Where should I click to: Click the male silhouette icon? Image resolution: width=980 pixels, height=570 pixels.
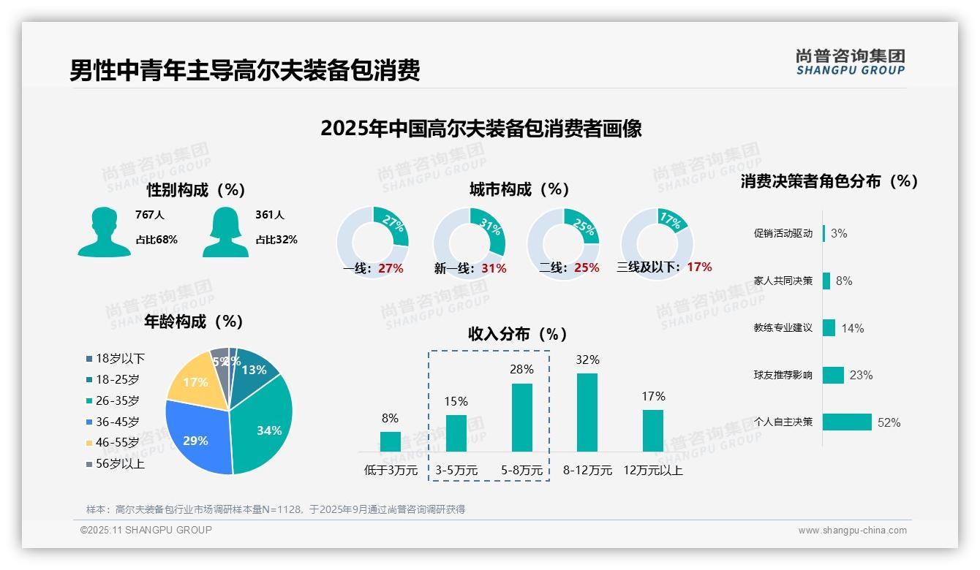(104, 232)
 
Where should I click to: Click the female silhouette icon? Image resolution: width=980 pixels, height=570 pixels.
(225, 232)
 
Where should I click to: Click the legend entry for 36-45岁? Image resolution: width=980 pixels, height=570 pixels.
(117, 422)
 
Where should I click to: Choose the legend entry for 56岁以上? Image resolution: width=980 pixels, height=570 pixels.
(120, 464)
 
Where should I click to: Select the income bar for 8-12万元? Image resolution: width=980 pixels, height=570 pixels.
(587, 412)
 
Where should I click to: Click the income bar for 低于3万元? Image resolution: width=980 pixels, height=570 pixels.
(391, 441)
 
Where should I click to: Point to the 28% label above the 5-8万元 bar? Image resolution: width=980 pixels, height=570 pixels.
(521, 370)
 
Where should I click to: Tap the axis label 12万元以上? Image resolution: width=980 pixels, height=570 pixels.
(652, 471)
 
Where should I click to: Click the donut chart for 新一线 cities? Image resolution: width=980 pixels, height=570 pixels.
(470, 243)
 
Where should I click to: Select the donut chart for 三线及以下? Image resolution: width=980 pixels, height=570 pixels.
(656, 243)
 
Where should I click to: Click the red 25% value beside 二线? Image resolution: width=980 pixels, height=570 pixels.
(587, 268)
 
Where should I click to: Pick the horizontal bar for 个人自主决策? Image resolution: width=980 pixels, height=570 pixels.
(847, 422)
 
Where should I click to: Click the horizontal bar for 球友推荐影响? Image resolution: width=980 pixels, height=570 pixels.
(833, 375)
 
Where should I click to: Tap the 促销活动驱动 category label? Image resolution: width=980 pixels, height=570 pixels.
(783, 234)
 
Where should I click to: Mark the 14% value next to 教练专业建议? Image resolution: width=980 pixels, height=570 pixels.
(852, 328)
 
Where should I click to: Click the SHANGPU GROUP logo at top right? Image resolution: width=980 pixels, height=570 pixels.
(850, 62)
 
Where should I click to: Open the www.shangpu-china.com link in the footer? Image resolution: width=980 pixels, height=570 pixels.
(852, 531)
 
